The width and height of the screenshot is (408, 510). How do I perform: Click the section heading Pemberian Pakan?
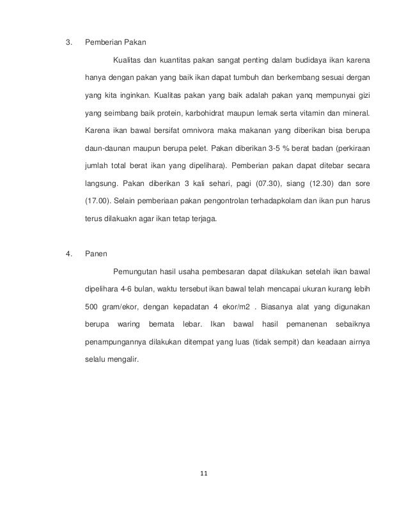pos(115,43)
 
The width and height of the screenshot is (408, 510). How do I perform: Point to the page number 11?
pos(204,474)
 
